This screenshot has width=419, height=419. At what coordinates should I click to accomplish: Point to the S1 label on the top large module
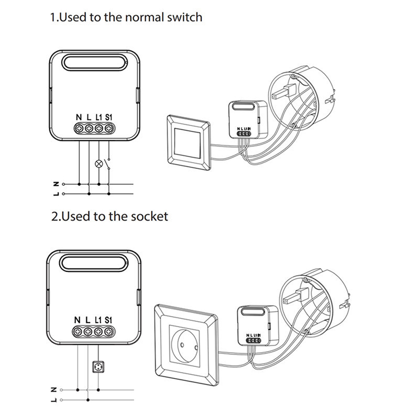[109, 117]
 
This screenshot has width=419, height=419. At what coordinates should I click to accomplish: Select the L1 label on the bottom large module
[98, 319]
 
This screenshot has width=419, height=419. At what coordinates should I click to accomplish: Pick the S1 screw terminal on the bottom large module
[109, 331]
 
